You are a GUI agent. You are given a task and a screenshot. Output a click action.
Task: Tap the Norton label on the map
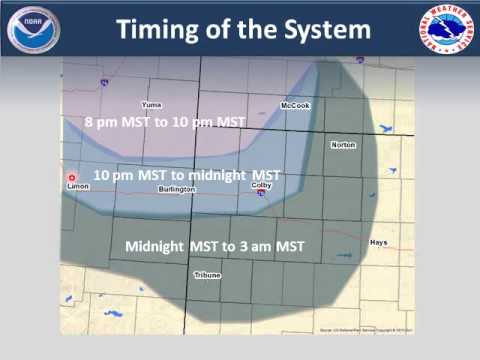click(343, 145)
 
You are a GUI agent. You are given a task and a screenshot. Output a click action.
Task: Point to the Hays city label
click(405, 242)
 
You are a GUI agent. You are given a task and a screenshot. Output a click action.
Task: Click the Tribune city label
click(208, 273)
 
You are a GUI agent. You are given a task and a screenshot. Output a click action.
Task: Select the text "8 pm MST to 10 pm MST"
click(165, 122)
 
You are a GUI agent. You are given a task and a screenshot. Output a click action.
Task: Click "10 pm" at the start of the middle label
click(109, 174)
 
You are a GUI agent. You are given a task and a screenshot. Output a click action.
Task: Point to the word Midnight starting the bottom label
click(155, 246)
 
